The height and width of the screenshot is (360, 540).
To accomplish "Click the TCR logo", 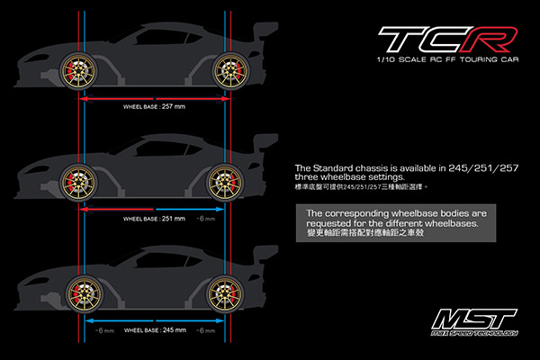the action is tap(447, 39).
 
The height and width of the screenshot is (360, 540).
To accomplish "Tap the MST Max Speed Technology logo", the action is tap(474, 322).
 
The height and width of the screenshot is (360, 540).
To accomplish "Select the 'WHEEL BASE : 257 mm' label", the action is tap(154, 107).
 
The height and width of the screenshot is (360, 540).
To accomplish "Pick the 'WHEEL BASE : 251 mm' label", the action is tap(154, 219).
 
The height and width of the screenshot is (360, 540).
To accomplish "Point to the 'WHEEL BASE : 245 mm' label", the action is tap(155, 330).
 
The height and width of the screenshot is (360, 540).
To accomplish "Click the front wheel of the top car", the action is tap(78, 70).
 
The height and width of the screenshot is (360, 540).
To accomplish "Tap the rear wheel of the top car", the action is tap(230, 70).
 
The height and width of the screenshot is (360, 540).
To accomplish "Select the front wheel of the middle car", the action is tap(78, 182).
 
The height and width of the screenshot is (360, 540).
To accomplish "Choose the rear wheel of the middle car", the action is tap(225, 182).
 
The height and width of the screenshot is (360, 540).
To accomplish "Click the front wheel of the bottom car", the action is tap(85, 293).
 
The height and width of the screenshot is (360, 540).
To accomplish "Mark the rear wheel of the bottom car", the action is tap(225, 293).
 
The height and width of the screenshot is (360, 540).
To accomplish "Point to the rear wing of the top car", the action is tap(265, 32).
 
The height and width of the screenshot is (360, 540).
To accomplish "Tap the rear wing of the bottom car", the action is tap(265, 256).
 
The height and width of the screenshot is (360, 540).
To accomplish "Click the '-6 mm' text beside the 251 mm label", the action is tap(205, 219).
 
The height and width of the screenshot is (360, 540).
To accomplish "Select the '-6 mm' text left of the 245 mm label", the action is tap(104, 330).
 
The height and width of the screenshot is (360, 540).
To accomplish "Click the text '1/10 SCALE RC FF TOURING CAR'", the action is tap(447, 59).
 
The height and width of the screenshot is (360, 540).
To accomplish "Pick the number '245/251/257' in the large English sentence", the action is tap(483, 168).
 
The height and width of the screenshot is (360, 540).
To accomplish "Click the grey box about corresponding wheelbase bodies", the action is tap(396, 223).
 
